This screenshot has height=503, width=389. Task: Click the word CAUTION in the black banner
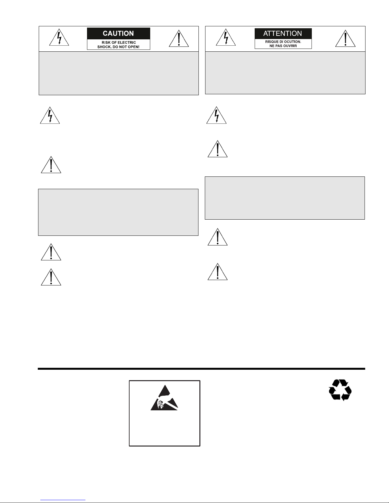(x=118, y=33)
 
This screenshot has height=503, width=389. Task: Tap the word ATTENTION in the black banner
(x=283, y=33)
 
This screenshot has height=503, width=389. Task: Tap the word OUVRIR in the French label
(x=290, y=46)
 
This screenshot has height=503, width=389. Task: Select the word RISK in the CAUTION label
(x=106, y=43)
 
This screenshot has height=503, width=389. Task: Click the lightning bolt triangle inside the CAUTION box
(x=59, y=38)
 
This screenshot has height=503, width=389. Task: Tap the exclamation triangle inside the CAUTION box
(x=179, y=39)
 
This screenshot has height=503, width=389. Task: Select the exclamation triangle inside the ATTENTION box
(x=345, y=39)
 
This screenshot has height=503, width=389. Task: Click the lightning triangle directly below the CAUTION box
(x=50, y=116)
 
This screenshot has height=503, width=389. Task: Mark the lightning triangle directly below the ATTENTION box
(x=217, y=116)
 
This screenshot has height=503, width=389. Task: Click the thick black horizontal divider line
(x=201, y=369)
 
